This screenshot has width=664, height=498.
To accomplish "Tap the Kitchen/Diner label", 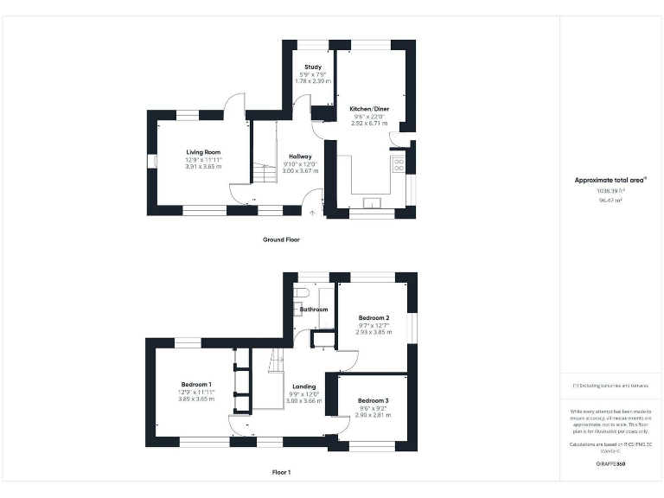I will pos(369,109).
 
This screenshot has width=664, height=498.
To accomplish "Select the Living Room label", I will pos(202,152).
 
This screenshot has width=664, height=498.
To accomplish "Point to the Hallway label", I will pos(300,156).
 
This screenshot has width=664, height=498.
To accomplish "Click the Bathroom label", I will pos(314,309).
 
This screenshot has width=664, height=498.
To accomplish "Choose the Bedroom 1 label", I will pos(196,384).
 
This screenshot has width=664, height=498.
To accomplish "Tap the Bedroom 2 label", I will pos(374,318).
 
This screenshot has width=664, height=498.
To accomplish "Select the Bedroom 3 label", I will pos(373,400).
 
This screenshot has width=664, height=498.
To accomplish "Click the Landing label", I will pos(303,386).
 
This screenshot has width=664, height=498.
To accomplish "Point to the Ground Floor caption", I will pos(281,239).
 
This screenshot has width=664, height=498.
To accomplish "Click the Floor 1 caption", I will pos(281,473).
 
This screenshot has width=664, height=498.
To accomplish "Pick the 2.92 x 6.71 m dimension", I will pos(369,124).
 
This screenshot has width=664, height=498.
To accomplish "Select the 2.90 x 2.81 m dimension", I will pos(373,415).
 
